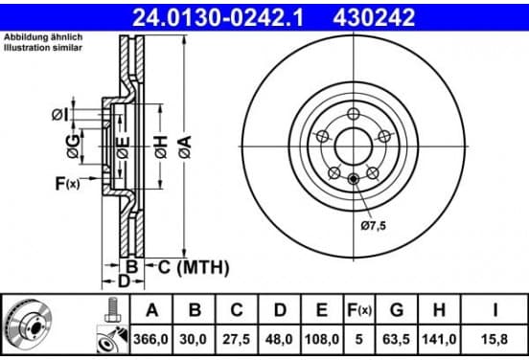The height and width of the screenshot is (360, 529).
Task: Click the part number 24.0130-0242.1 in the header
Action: point(218,17)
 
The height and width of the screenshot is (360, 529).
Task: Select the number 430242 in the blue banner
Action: point(374,17)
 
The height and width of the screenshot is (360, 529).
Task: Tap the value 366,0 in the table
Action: point(150,339)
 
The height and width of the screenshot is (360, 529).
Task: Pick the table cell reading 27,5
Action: point(236,339)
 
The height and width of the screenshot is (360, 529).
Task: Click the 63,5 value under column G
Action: point(396,339)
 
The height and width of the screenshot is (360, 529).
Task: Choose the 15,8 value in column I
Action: point(494,339)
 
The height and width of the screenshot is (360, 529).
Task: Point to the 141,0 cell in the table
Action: point(439,339)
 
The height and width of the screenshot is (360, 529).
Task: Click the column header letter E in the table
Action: point(321,310)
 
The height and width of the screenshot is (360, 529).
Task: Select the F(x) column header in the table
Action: point(359,310)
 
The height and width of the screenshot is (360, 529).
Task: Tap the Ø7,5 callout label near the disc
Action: point(373,226)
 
